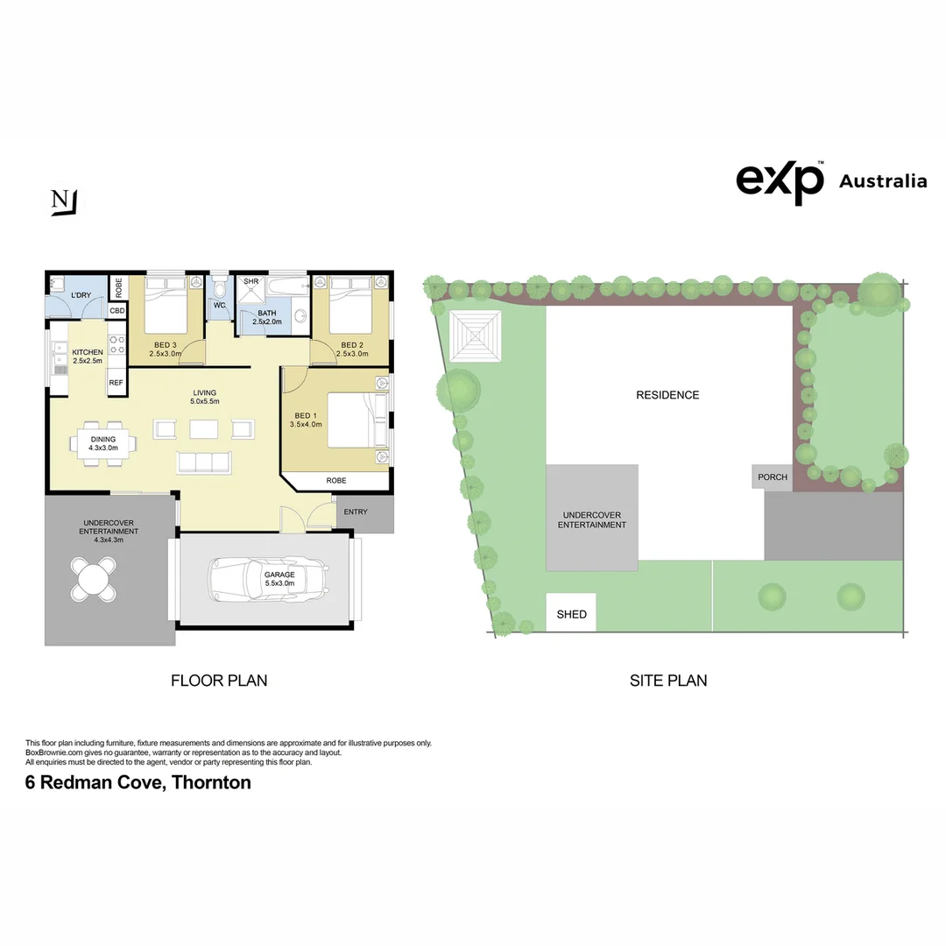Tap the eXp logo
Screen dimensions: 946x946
click(x=780, y=181)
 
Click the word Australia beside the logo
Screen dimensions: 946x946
click(x=882, y=181)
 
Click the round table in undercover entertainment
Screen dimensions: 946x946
click(x=93, y=580)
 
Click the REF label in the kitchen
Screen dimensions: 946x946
click(x=116, y=383)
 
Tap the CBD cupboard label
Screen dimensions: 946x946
click(x=116, y=311)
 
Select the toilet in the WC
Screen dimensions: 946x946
click(x=219, y=288)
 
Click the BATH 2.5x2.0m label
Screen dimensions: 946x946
click(x=266, y=317)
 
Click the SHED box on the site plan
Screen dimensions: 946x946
click(x=572, y=613)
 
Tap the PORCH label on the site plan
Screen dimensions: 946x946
click(x=772, y=477)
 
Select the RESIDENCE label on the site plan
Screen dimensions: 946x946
click(x=667, y=395)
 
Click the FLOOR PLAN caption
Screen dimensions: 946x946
click(x=218, y=680)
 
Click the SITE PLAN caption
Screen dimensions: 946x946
click(x=667, y=680)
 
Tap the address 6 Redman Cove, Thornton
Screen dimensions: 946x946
click(x=138, y=782)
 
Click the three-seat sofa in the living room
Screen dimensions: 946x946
click(x=204, y=462)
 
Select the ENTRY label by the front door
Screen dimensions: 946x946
click(x=356, y=512)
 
